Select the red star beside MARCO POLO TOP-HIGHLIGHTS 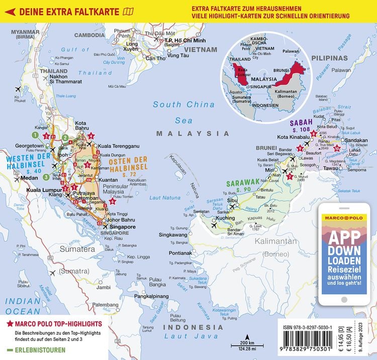pyautogui.click(x=9, y=324)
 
